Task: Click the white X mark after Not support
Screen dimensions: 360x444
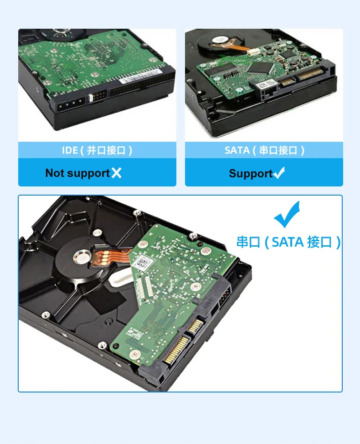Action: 116,173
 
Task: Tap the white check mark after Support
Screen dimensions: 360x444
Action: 279,173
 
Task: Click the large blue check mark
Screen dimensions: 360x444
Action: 287,214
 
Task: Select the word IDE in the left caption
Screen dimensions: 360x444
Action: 70,150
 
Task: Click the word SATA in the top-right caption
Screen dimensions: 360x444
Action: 237,150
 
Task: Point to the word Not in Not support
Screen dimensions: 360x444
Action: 55,173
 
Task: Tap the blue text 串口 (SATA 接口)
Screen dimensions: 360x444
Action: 288,243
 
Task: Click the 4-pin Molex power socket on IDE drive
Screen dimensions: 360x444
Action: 71,105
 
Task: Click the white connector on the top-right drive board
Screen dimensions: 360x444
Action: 254,52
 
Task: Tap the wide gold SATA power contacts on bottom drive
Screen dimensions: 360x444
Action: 176,350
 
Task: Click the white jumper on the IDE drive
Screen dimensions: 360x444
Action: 91,98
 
